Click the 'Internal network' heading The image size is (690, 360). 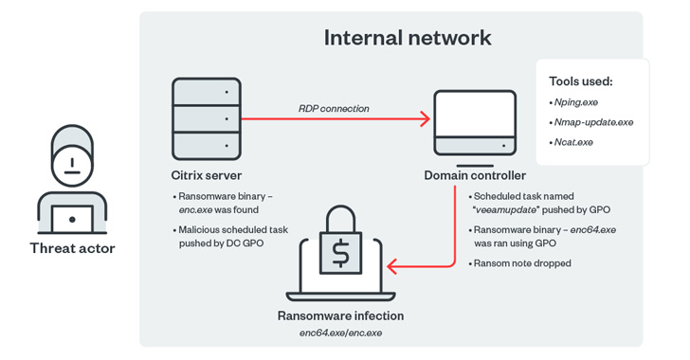pos(408,38)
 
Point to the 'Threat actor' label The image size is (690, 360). pos(72,248)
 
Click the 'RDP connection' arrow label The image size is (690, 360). pos(334,108)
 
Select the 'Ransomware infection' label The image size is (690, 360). pos(340,315)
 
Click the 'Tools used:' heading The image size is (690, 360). pos(581,81)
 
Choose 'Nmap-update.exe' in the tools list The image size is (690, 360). pos(593,122)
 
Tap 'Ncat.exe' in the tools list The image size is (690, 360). pos(573,142)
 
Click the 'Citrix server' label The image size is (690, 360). pos(206,175)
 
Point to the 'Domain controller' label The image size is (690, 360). pos(475,175)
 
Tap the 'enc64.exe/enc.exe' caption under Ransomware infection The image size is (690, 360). pos(340,333)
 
